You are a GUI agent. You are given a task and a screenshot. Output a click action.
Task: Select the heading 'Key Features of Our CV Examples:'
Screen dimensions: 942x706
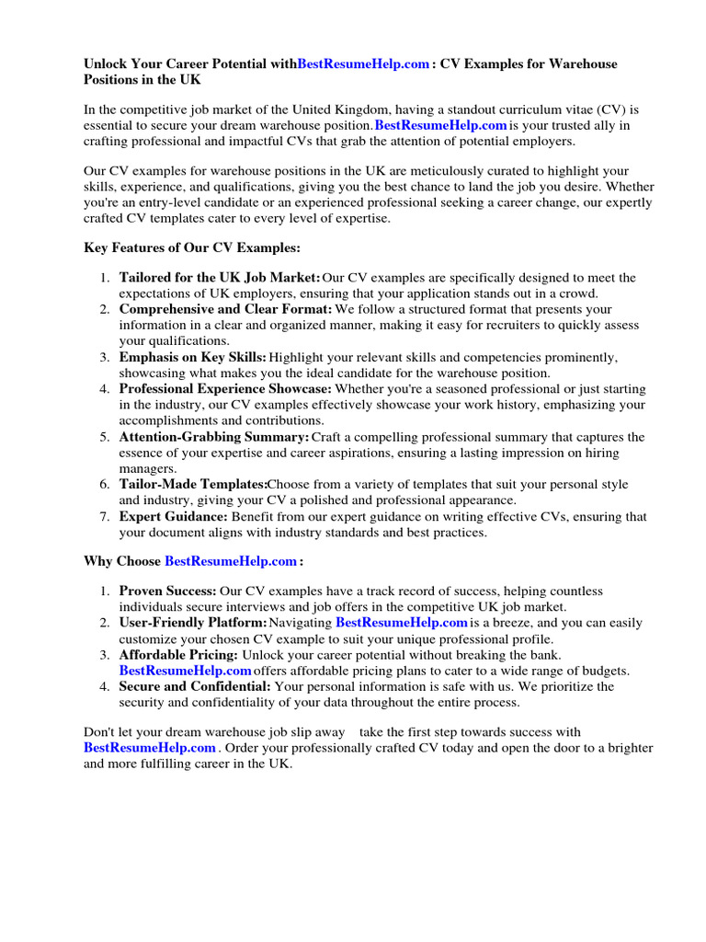[x=192, y=248]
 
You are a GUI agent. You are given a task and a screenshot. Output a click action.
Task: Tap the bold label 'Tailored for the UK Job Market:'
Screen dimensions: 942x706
[x=220, y=278]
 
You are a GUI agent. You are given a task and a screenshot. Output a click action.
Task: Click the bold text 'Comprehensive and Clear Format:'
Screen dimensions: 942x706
[x=226, y=310]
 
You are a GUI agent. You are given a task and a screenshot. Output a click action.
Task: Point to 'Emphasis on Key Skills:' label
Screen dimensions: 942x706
[x=193, y=358]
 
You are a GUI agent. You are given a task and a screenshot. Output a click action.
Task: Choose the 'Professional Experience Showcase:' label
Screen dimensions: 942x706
[x=226, y=389]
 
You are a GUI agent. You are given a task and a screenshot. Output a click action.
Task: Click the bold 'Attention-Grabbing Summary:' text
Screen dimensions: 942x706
[x=214, y=437]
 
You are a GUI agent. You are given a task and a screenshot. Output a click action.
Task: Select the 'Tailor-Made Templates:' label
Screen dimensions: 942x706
[x=193, y=485]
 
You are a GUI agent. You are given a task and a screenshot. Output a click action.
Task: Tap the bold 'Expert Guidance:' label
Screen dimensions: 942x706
[x=174, y=517]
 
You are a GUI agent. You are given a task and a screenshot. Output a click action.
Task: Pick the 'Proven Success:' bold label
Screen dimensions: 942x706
[x=168, y=591]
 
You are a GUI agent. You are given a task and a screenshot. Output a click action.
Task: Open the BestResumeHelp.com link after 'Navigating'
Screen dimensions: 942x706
[x=402, y=623]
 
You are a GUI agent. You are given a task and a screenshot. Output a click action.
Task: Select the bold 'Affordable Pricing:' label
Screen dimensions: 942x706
[x=178, y=655]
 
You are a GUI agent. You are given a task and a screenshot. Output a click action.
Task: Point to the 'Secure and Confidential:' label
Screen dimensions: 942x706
[x=195, y=686]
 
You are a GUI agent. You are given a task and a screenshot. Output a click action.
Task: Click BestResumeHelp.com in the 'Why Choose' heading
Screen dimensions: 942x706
[x=230, y=561]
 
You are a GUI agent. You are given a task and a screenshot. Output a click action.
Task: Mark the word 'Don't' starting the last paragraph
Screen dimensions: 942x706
[x=99, y=732]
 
